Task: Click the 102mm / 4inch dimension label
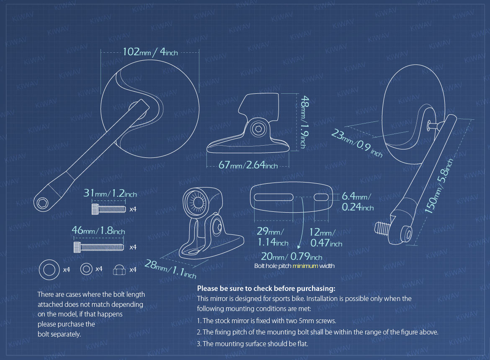coord(150,52)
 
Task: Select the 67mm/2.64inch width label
coord(248,165)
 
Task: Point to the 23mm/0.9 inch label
coord(357,143)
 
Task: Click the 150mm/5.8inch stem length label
coord(439,186)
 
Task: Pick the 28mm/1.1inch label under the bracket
coord(170,269)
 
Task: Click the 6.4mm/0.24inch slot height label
coord(358,201)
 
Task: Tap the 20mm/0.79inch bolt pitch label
coord(291,256)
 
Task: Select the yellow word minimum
coord(305,266)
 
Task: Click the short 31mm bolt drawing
coord(109,209)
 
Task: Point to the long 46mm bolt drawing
coord(99,247)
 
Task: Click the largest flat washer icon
coord(49,270)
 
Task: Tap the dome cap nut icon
coord(119,270)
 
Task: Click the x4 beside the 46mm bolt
coord(133,247)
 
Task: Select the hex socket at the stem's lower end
coord(42,203)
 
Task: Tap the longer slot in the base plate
coord(273,197)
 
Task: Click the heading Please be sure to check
coord(266,288)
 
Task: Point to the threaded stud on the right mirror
coord(382,228)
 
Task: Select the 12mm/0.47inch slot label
coord(326,237)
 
